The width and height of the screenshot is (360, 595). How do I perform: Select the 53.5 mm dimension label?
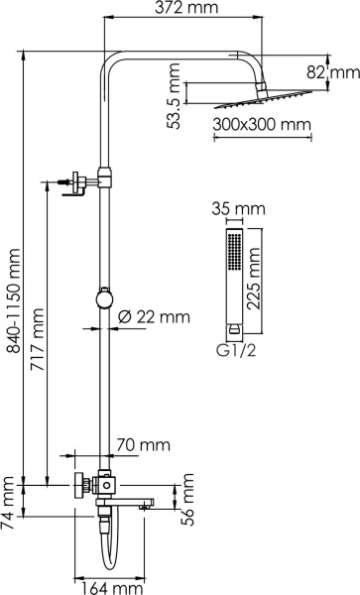(x=175, y=86)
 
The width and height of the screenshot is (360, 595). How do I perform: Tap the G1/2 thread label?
(x=234, y=349)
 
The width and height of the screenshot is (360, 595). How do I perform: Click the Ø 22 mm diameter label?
(x=154, y=317)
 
